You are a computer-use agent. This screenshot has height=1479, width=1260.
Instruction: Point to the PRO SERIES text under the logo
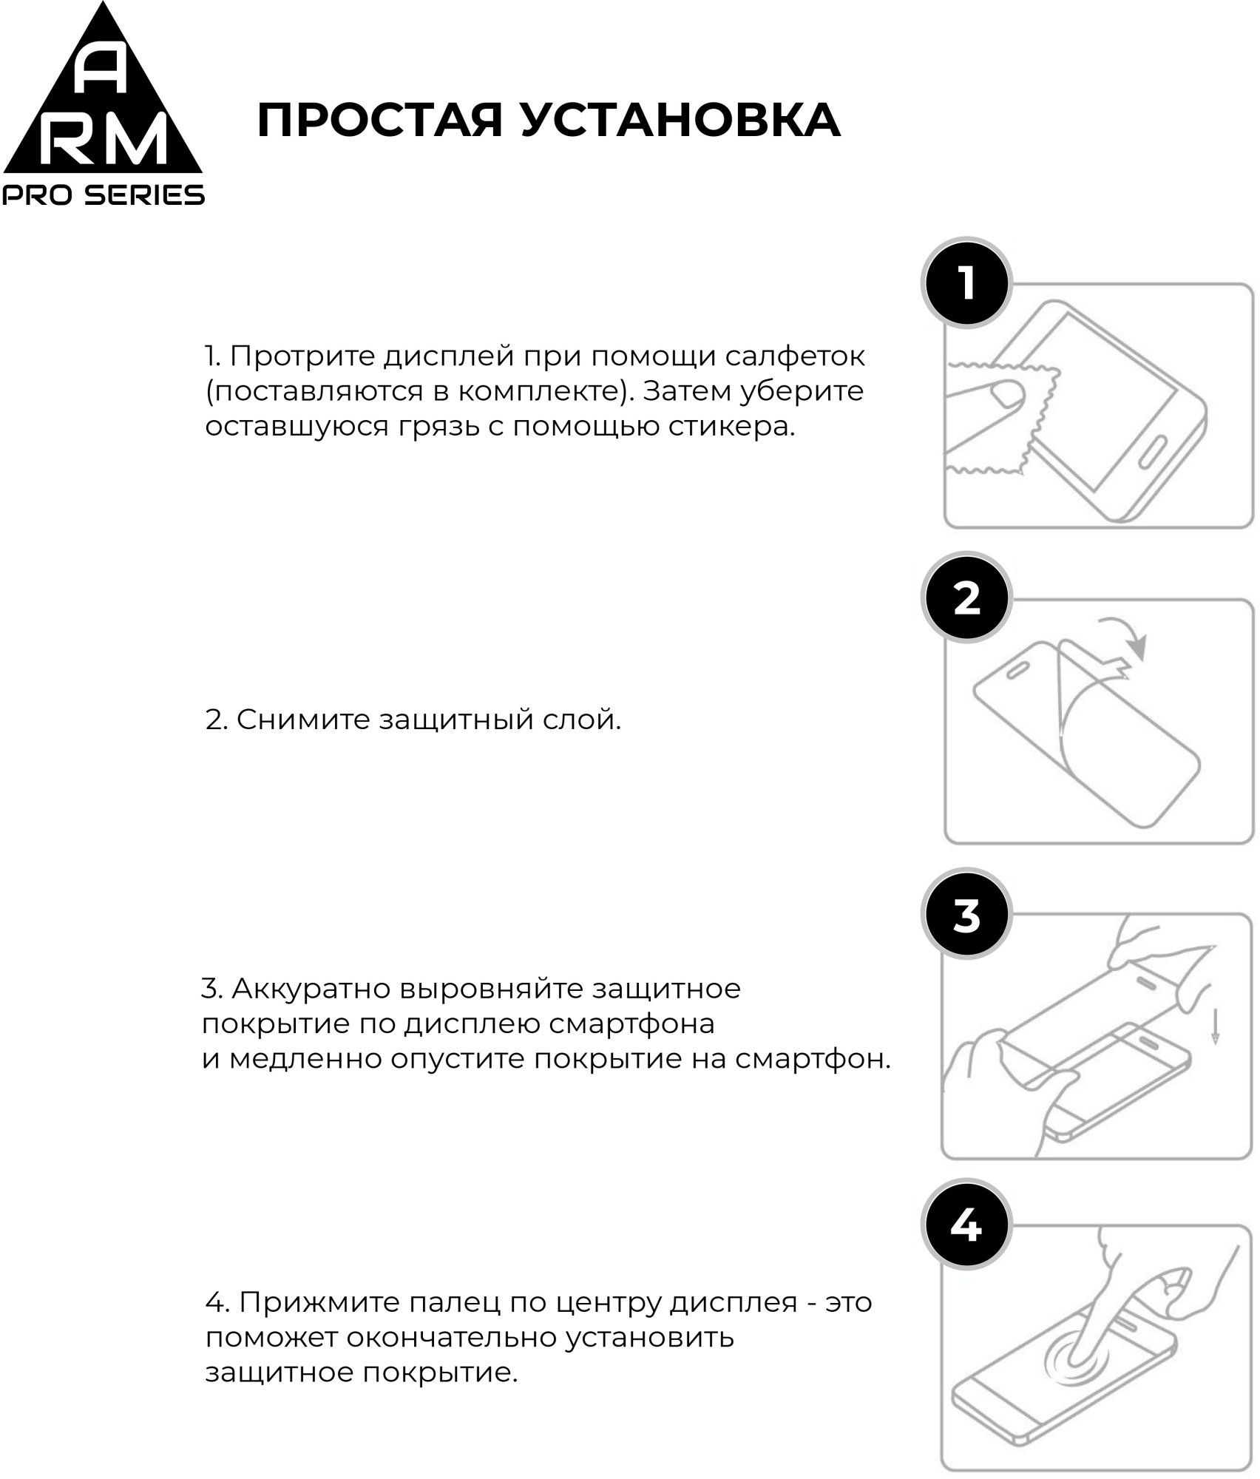pos(104,194)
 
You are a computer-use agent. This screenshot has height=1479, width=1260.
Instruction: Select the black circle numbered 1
pos(966,284)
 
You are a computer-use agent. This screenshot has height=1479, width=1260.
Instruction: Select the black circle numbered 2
pos(966,598)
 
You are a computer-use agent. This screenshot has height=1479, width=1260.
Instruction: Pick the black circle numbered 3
pos(966,915)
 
